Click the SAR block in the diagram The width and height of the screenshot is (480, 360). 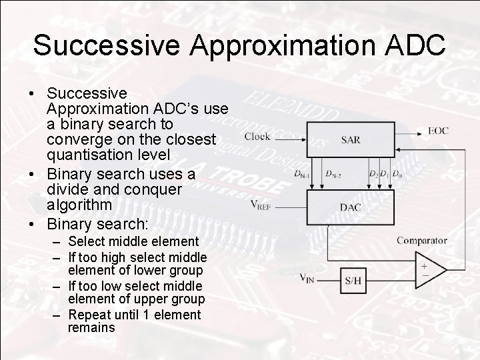(350, 140)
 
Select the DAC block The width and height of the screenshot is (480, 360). (350, 207)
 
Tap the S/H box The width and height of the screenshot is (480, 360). (353, 279)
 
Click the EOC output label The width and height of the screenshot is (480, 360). (438, 131)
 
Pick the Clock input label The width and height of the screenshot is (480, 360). (257, 137)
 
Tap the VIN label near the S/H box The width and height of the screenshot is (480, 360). (307, 278)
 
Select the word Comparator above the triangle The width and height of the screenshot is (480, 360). (421, 241)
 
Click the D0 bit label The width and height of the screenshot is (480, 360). (397, 174)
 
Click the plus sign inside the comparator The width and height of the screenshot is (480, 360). (423, 264)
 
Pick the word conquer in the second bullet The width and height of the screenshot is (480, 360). (157, 189)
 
